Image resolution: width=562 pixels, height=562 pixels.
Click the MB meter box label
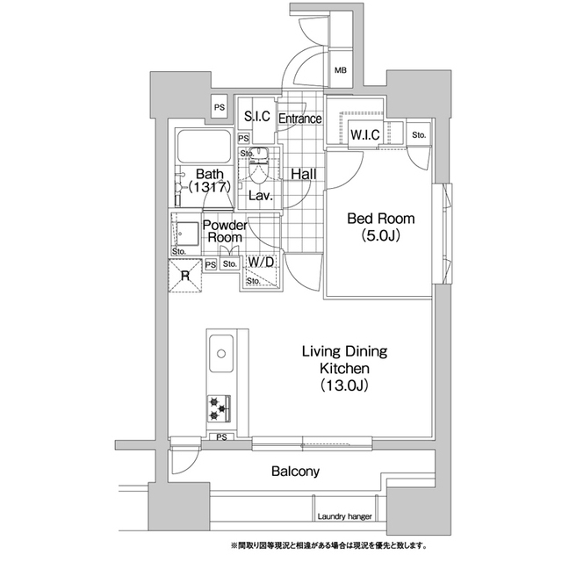pos(341,70)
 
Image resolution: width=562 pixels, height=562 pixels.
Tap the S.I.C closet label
pos(257,116)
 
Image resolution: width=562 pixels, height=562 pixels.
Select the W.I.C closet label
pos(365,134)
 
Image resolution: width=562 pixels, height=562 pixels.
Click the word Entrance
pos(300,119)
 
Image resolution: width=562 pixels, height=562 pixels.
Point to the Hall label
pos(304,174)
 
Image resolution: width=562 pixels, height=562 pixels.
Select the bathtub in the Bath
pos(205,147)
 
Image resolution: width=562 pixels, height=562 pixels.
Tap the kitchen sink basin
pos(221,354)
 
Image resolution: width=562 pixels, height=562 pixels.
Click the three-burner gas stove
pos(219,408)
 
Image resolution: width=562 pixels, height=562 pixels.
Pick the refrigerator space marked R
pos(185,276)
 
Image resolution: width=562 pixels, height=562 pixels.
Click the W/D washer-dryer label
pos(261,262)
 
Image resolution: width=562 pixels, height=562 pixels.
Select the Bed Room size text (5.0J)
pos(380,236)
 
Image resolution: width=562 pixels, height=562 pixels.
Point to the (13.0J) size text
pos(344,385)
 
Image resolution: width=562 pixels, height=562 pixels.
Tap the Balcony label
pos(295,471)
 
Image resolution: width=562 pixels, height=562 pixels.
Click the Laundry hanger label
pos(344,516)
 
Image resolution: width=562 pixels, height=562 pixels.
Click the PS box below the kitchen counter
pos(221,437)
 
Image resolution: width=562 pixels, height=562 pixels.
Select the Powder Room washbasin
pos(187,234)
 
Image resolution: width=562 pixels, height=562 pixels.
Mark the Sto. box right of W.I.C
pos(419,134)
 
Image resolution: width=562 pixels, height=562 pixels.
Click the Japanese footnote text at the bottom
pos(329,546)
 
